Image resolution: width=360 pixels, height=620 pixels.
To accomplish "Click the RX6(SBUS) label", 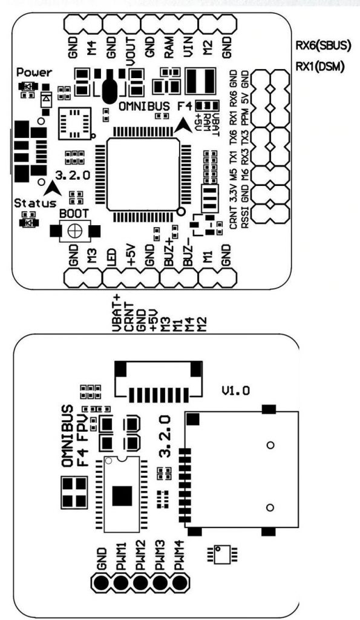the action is (323, 46).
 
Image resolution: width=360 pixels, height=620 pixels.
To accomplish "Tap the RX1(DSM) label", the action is (320, 66).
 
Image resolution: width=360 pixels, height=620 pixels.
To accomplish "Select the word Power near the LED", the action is (34, 73).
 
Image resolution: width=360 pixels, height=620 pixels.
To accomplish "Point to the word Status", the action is (36, 203).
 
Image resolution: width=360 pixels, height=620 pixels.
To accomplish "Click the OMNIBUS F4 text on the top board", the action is (157, 106).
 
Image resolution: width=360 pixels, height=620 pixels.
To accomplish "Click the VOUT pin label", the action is (131, 51).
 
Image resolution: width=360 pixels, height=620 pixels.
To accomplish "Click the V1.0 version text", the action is (235, 391).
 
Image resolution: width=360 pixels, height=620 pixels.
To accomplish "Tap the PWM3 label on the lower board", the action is (160, 559).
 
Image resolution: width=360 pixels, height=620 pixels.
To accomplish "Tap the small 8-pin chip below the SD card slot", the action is (221, 555).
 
